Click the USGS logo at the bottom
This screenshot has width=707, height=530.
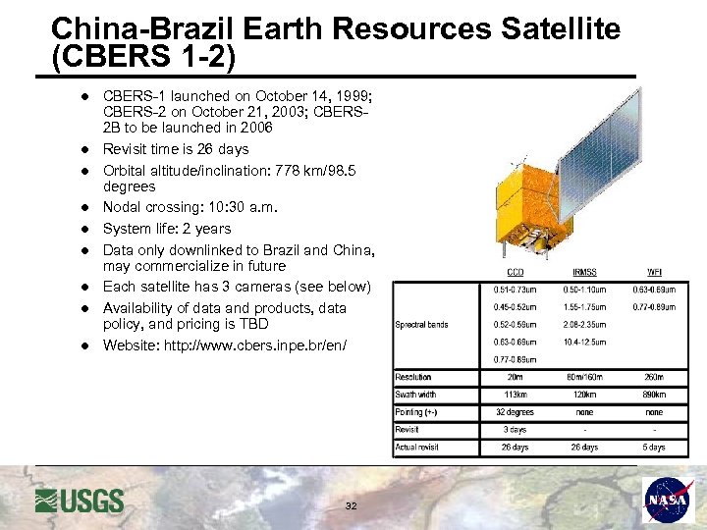coord(80,501)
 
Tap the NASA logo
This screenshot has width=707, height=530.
coord(669,501)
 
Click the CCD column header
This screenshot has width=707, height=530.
coord(515,273)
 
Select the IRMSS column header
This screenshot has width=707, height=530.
coord(584,273)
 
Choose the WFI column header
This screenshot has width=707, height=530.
coord(654,273)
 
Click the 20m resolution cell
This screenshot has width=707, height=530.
coord(515,377)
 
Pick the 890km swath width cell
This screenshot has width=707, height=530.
coord(654,395)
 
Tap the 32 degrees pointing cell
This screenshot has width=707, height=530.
coord(515,412)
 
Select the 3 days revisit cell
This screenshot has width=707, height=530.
coord(515,430)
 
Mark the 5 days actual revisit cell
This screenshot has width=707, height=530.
coord(654,448)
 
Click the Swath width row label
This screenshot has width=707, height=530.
coord(416,395)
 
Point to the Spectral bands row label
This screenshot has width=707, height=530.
coord(421,325)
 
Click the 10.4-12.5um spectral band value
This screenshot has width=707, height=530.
coord(584,342)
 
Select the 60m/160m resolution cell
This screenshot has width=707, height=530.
coord(584,377)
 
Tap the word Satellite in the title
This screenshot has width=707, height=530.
coord(560,29)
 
